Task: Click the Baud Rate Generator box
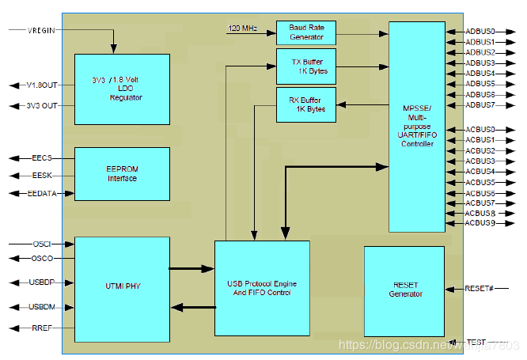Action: click(305, 32)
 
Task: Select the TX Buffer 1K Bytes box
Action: click(305, 66)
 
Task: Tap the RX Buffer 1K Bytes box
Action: click(305, 104)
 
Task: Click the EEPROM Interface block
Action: click(122, 173)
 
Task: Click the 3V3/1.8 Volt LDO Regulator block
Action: click(122, 89)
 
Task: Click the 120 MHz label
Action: click(244, 28)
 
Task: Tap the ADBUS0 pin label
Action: click(480, 32)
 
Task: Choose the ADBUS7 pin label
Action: click(480, 104)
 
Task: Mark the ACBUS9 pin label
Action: click(480, 224)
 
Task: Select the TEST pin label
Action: click(476, 342)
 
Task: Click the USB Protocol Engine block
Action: click(262, 287)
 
